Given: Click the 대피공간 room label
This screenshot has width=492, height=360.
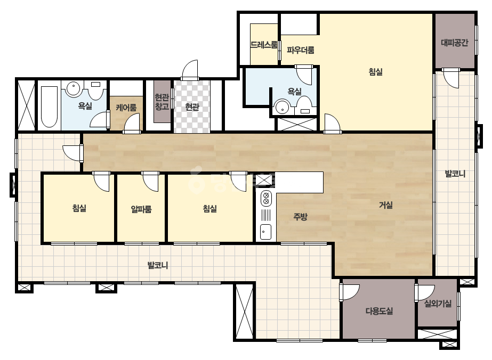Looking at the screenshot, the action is pyautogui.click(x=455, y=42).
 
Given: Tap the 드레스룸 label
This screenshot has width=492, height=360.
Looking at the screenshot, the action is pyautogui.click(x=264, y=45).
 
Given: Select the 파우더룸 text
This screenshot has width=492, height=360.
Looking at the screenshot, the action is pyautogui.click(x=300, y=50).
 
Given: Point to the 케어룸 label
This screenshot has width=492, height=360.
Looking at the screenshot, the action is pyautogui.click(x=126, y=108).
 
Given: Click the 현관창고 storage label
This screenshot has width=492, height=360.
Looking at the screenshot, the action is pyautogui.click(x=162, y=102).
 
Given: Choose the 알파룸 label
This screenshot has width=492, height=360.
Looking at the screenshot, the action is pyautogui.click(x=141, y=209).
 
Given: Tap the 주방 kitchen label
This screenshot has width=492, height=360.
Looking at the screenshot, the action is pyautogui.click(x=300, y=217).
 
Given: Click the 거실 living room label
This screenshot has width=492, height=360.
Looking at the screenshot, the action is pyautogui.click(x=385, y=205).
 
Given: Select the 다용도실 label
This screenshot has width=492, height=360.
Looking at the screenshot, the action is pyautogui.click(x=379, y=311).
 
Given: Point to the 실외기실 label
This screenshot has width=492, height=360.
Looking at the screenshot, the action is pyautogui.click(x=438, y=303).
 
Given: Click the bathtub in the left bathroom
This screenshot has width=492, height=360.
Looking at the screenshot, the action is pyautogui.click(x=49, y=107).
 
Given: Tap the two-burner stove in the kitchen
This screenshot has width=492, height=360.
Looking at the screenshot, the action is pyautogui.click(x=266, y=198).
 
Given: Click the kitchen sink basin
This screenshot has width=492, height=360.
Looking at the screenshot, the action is pyautogui.click(x=266, y=232).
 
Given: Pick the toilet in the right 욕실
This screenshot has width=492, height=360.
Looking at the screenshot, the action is pyautogui.click(x=304, y=105).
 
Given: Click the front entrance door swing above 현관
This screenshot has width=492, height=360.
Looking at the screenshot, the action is pyautogui.click(x=190, y=70).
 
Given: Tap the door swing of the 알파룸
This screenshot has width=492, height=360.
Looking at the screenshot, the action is pyautogui.click(x=151, y=182).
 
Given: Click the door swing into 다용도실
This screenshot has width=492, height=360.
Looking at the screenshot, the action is pyautogui.click(x=350, y=292).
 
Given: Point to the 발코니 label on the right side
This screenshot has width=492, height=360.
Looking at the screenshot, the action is pyautogui.click(x=455, y=174).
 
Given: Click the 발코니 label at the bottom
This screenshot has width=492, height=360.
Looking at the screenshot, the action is pyautogui.click(x=158, y=265).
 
